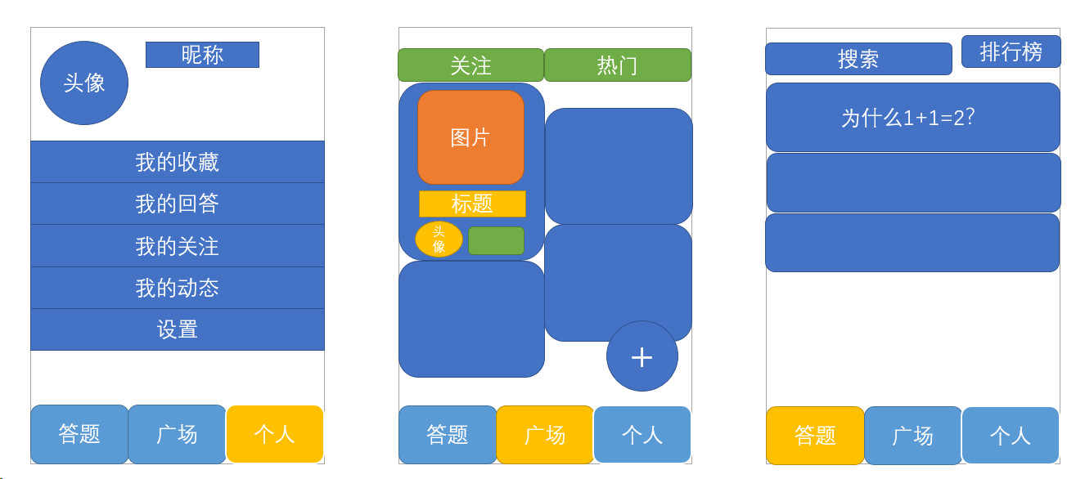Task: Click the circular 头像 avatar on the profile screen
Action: click(84, 83)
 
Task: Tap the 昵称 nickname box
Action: click(202, 55)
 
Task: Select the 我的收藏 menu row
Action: click(178, 162)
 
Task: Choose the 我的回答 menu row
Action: click(178, 204)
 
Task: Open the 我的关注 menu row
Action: click(178, 246)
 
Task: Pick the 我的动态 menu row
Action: click(178, 288)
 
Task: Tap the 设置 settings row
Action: click(178, 329)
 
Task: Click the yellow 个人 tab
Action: click(275, 434)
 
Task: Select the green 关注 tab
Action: click(470, 65)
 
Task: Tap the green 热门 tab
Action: click(618, 65)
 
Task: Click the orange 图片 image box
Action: click(470, 137)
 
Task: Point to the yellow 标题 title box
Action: click(472, 204)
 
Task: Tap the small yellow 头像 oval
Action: click(439, 239)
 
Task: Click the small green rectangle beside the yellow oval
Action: click(496, 240)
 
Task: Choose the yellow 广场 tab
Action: click(545, 435)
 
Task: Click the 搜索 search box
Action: click(858, 59)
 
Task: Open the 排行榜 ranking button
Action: click(1011, 51)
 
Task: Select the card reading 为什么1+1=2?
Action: click(912, 117)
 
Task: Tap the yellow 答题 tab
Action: click(815, 436)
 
